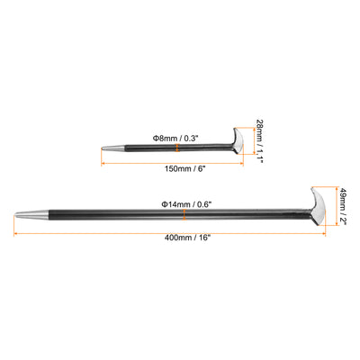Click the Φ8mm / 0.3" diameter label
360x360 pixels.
(175, 139)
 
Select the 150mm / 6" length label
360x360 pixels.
(184, 168)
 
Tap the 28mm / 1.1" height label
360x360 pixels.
(259, 140)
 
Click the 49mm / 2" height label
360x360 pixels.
(343, 207)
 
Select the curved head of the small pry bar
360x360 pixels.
(238, 141)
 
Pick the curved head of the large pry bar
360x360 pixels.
(318, 206)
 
